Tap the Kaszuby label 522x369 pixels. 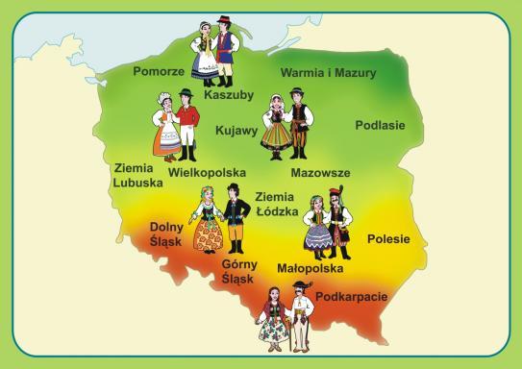click(228, 96)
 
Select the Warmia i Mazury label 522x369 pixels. click(328, 73)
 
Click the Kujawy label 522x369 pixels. click(236, 128)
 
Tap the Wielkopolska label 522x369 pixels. click(207, 174)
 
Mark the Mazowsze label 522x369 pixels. click(320, 174)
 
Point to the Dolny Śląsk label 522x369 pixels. click(166, 234)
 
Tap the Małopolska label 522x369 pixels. click(310, 270)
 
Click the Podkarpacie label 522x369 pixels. click(351, 297)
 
